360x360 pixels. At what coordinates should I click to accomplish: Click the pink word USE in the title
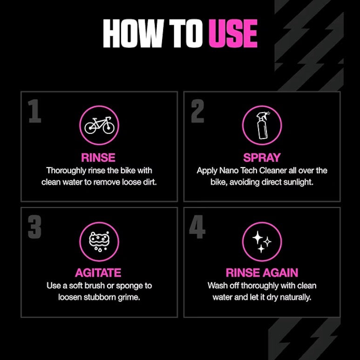233,33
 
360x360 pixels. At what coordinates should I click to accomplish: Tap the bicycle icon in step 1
99,126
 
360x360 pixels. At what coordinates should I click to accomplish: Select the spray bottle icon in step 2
262,125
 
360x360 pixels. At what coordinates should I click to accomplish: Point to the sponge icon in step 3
99,241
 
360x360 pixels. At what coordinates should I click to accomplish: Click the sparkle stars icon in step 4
262,241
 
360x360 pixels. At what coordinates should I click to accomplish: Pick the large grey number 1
35,112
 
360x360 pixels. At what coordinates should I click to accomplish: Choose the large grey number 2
197,112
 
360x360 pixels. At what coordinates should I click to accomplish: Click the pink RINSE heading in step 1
99,158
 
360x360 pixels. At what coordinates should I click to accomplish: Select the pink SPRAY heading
262,158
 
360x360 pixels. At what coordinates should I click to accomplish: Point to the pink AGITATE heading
99,273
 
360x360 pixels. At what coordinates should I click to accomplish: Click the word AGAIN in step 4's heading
279,273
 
